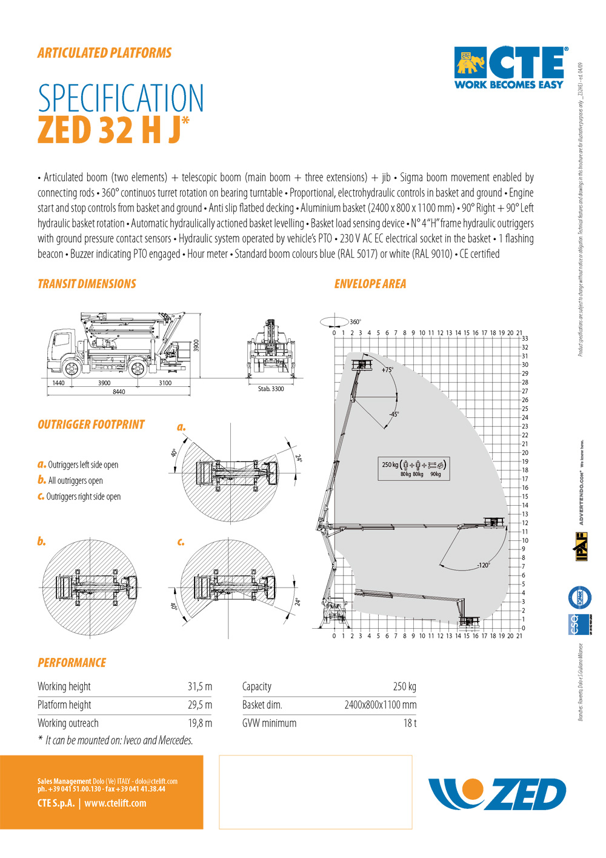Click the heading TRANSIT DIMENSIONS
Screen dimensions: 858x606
click(87, 284)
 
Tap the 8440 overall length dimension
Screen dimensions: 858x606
click(119, 392)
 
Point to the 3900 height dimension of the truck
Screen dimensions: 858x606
click(196, 346)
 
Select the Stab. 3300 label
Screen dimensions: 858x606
click(270, 389)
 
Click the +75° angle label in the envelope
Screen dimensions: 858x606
click(387, 370)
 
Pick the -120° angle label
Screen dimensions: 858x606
click(483, 565)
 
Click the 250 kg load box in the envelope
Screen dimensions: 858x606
click(412, 468)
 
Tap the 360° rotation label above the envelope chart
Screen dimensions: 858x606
click(355, 322)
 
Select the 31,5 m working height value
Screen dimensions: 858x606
click(199, 686)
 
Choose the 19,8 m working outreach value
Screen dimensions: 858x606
click(199, 723)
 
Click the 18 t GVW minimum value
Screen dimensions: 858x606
click(410, 723)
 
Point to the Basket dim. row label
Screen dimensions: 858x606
click(262, 705)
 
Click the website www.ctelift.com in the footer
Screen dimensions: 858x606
click(115, 803)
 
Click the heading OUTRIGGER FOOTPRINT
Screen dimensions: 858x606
click(91, 424)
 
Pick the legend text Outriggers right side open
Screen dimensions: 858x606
click(84, 497)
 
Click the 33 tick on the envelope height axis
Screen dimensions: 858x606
click(525, 338)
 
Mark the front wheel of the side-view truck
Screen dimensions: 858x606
click(72, 368)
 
